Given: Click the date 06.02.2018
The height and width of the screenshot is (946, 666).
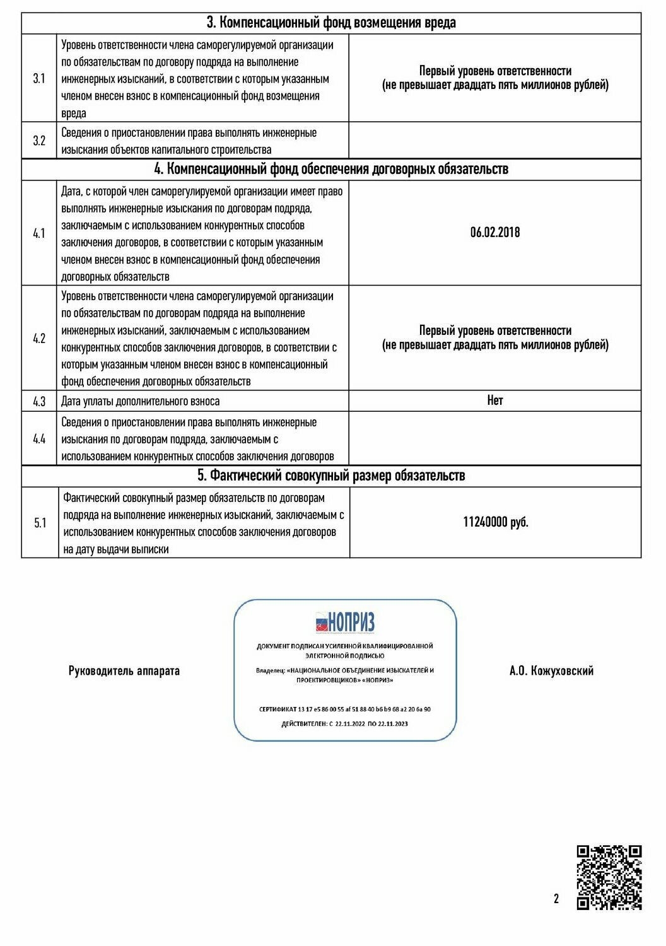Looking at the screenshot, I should tap(495, 232).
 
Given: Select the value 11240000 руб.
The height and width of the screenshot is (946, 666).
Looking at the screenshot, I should tap(495, 522).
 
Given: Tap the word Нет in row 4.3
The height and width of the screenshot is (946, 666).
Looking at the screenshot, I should tap(495, 400).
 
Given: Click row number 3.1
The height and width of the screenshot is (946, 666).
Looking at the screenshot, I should tap(39, 79).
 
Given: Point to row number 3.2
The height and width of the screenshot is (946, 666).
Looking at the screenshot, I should tap(39, 141).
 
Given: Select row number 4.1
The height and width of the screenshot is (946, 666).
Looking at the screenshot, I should tap(39, 233).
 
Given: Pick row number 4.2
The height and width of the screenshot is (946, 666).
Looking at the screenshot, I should tap(39, 339).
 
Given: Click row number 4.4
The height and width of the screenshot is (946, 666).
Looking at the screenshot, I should tap(39, 439).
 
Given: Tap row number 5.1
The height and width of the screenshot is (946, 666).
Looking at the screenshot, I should tap(40, 523).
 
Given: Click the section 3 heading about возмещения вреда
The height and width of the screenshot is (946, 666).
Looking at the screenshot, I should tap(331, 23).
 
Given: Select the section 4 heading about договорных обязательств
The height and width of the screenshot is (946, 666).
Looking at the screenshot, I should tap(331, 169).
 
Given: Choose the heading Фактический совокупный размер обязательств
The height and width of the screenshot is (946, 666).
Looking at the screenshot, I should tap(331, 476).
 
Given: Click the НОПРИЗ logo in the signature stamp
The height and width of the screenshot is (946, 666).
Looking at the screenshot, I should tap(345, 622).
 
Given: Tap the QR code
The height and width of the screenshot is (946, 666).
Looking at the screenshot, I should tap(609, 877).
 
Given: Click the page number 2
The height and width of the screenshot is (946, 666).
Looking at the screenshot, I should tap(556, 899).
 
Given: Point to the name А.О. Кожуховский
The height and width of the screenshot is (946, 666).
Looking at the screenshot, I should tap(551, 671).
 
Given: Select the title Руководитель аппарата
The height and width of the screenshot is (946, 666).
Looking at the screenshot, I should tap(124, 671).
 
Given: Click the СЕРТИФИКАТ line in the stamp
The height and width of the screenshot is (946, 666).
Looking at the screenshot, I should tap(345, 709).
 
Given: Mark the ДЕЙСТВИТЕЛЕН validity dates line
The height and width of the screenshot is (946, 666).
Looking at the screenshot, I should tap(345, 723).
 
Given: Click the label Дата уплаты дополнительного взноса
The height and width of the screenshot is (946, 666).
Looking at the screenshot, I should tap(141, 402).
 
